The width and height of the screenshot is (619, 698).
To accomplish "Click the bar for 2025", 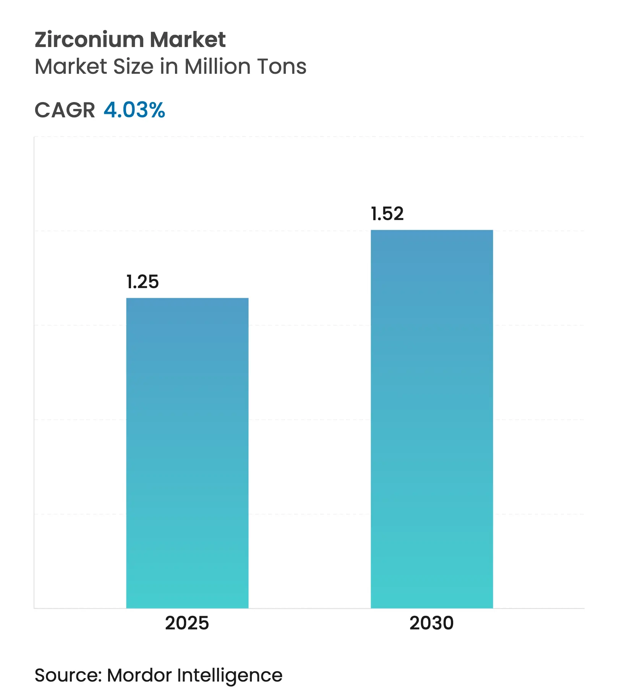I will (x=187, y=453).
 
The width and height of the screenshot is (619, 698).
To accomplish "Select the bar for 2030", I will (x=432, y=419).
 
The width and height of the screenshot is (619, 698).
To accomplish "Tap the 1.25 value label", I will (x=143, y=282).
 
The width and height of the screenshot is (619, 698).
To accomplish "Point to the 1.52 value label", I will (x=387, y=214).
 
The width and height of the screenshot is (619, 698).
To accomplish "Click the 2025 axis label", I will (x=187, y=623).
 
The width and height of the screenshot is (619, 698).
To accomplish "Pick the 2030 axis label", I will (x=431, y=623).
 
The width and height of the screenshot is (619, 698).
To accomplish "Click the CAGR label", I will (x=65, y=110).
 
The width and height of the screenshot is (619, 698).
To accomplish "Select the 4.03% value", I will (x=134, y=110).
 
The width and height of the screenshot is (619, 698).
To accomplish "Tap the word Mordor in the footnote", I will (x=139, y=675).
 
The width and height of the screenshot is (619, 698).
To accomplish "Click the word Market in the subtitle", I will (x=71, y=67).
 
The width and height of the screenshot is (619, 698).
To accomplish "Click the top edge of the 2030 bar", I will (x=432, y=231).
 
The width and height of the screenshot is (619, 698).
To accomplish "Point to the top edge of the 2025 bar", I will (x=187, y=299).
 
